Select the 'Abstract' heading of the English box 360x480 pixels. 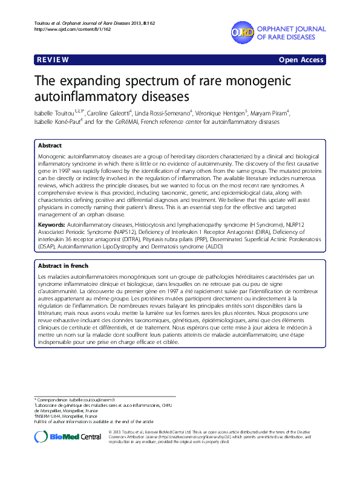[49, 146]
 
